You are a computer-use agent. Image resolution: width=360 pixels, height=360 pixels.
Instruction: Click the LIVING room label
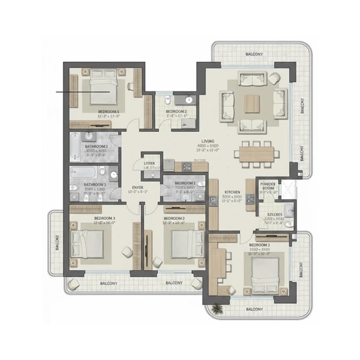click(x=208, y=141)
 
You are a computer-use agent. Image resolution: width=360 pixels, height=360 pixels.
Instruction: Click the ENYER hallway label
click(x=137, y=187)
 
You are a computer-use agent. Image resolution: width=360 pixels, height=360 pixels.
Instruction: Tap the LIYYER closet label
click(x=149, y=163)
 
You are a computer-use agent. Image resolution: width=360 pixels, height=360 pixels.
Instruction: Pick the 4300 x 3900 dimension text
click(x=208, y=147)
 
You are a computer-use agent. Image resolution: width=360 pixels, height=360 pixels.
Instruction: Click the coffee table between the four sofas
click(x=252, y=103)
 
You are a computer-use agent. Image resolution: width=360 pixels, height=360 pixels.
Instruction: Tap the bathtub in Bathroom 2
click(x=76, y=146)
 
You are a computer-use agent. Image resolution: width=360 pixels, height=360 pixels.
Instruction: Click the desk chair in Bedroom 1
click(x=130, y=85)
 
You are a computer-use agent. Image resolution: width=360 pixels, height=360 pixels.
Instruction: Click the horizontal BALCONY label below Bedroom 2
click(x=173, y=283)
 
